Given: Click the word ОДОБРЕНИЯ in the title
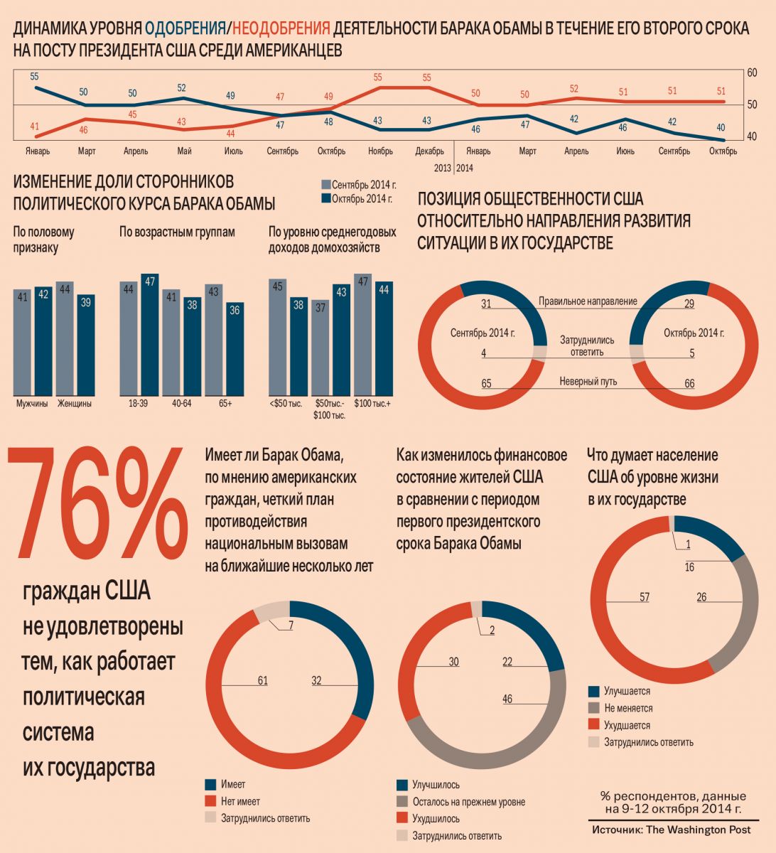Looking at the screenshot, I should coord(184,29).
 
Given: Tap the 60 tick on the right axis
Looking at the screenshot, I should coord(752,73).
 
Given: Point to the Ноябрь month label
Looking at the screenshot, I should coord(381,151).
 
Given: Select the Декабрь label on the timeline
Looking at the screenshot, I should coord(429,151).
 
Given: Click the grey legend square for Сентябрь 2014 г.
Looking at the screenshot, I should coord(326,183).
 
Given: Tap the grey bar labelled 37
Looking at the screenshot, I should coord(320,348).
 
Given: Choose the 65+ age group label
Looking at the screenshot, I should coord(225,404).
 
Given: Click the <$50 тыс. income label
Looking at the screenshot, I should coord(286,404).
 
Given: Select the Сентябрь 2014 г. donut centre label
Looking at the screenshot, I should coord(483,333).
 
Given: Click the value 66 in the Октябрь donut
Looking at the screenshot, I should coord(689,384).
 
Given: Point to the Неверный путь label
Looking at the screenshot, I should coord(588,382).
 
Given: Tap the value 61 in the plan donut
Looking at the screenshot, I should coord(263,680).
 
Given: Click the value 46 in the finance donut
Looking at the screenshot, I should coord(507,699).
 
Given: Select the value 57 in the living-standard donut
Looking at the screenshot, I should coord(645,597).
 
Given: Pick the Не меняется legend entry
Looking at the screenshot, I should coord(628,708).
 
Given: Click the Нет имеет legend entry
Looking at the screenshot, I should coord(240,801).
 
